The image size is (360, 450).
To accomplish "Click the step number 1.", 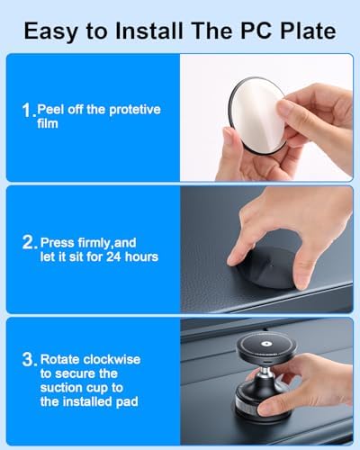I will click(x=26, y=111).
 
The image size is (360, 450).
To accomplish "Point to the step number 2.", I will click(x=27, y=242).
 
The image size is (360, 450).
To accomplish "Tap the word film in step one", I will click(x=49, y=123).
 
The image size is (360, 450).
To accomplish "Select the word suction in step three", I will click(x=61, y=387).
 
